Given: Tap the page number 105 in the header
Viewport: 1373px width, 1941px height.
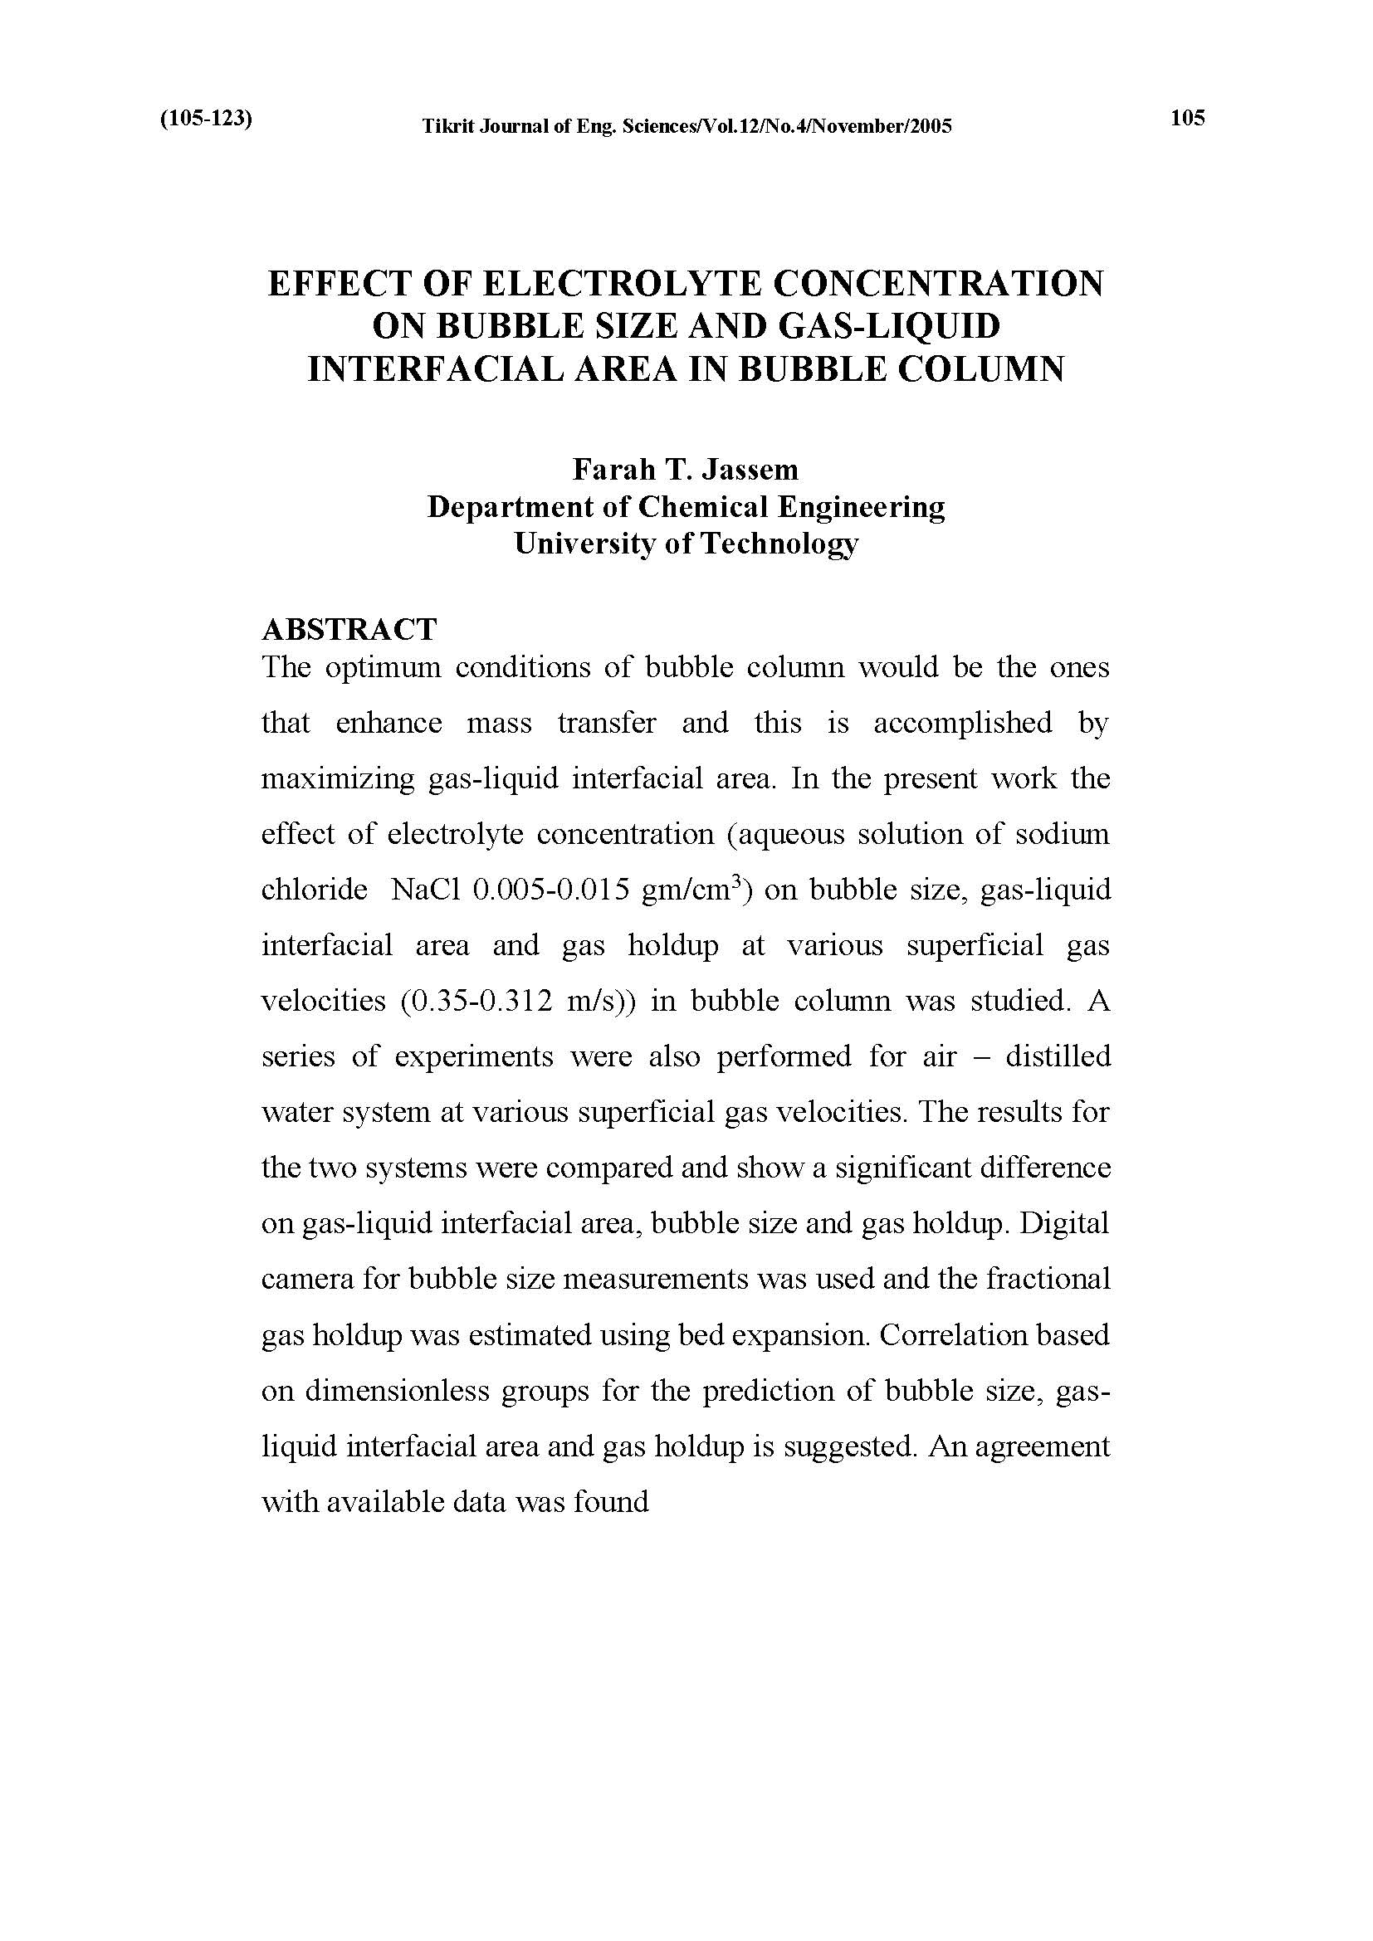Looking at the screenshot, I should [1187, 119].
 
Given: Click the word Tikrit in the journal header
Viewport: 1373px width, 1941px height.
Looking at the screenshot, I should [447, 127].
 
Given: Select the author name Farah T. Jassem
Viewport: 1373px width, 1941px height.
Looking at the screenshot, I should [686, 468].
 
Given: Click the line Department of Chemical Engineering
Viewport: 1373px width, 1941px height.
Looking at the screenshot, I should [686, 506].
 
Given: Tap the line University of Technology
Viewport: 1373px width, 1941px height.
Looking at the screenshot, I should [686, 544].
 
